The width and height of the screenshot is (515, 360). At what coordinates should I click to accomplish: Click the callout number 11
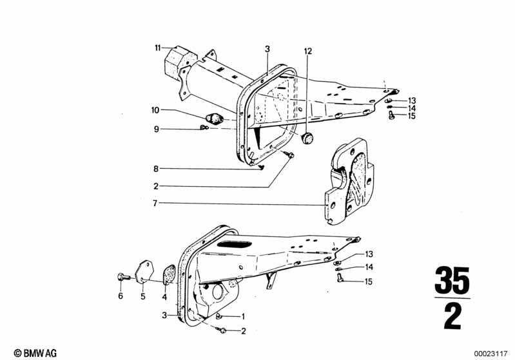pyautogui.click(x=158, y=48)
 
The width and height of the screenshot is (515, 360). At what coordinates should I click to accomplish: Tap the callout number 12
pyautogui.click(x=308, y=51)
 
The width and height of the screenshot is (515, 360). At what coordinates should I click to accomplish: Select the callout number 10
pyautogui.click(x=155, y=110)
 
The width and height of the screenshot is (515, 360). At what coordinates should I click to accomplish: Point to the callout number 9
pyautogui.click(x=157, y=129)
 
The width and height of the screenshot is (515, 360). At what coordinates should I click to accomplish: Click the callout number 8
pyautogui.click(x=156, y=169)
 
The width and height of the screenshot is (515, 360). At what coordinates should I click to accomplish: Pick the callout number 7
pyautogui.click(x=155, y=204)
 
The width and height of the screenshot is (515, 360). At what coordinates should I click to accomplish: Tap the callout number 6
pyautogui.click(x=121, y=296)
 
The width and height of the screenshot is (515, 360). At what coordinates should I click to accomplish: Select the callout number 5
pyautogui.click(x=143, y=296)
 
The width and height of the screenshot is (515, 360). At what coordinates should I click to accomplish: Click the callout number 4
pyautogui.click(x=164, y=298)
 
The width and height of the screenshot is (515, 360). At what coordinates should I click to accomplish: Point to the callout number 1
pyautogui.click(x=243, y=317)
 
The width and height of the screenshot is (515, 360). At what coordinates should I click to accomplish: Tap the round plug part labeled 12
pyautogui.click(x=307, y=138)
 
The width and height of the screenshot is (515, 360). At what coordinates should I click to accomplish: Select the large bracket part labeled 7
pyautogui.click(x=349, y=182)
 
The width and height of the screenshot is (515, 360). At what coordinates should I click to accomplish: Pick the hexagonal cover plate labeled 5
pyautogui.click(x=144, y=272)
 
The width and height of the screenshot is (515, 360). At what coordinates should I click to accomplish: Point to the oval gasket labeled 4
pyautogui.click(x=170, y=274)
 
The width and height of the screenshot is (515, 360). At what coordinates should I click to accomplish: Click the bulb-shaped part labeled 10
pyautogui.click(x=214, y=118)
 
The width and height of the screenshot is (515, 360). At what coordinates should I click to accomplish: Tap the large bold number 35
pyautogui.click(x=452, y=280)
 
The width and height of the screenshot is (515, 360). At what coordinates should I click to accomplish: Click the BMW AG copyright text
pyautogui.click(x=35, y=353)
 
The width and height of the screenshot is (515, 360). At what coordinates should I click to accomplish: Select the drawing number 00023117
pyautogui.click(x=491, y=354)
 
